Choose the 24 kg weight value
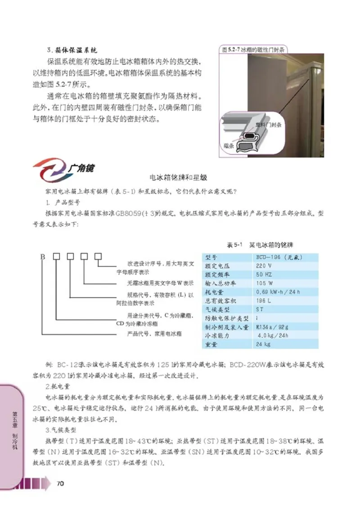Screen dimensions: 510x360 click(263, 344)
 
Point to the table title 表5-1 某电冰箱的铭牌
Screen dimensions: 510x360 click(260, 245)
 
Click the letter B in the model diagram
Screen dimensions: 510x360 click(43, 257)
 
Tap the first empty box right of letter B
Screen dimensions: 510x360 click(57, 257)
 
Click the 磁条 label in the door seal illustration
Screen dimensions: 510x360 click(228, 145)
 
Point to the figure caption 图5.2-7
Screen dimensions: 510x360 click(252, 49)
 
